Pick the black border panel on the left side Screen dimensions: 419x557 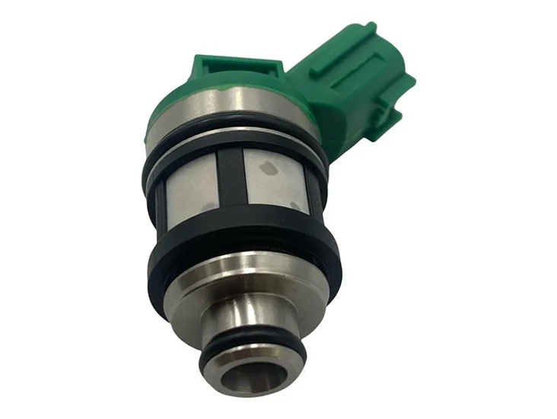point(61,209)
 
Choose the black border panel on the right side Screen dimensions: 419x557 point(495,209)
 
